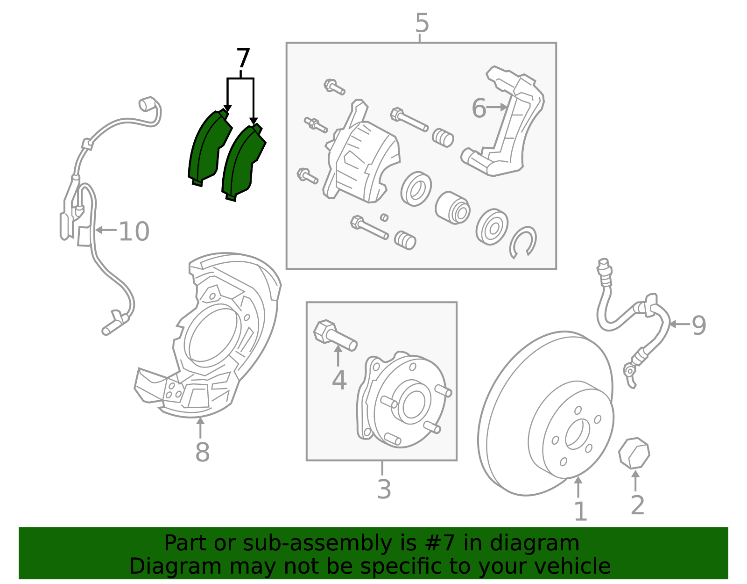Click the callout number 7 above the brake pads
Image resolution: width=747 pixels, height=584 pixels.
tap(243, 59)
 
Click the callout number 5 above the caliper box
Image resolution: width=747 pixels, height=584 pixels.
tap(422, 23)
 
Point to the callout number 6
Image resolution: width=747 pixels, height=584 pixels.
tap(479, 108)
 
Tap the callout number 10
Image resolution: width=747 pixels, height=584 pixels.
tap(134, 231)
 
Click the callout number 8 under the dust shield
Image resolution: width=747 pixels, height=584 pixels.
tap(202, 452)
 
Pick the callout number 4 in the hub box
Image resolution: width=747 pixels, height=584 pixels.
tap(339, 380)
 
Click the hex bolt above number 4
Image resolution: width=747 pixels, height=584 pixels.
tap(334, 336)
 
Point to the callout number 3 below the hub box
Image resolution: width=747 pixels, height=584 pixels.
tap(384, 490)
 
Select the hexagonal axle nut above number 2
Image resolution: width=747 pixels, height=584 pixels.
tap(634, 453)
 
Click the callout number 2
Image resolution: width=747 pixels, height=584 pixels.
tap(637, 505)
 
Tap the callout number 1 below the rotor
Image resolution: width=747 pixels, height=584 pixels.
tap(579, 512)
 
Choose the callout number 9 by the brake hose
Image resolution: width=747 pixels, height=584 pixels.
tap(698, 325)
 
